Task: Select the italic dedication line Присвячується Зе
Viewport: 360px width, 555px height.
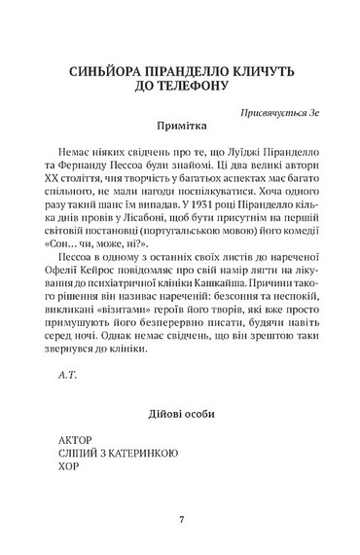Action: coord(283,112)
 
